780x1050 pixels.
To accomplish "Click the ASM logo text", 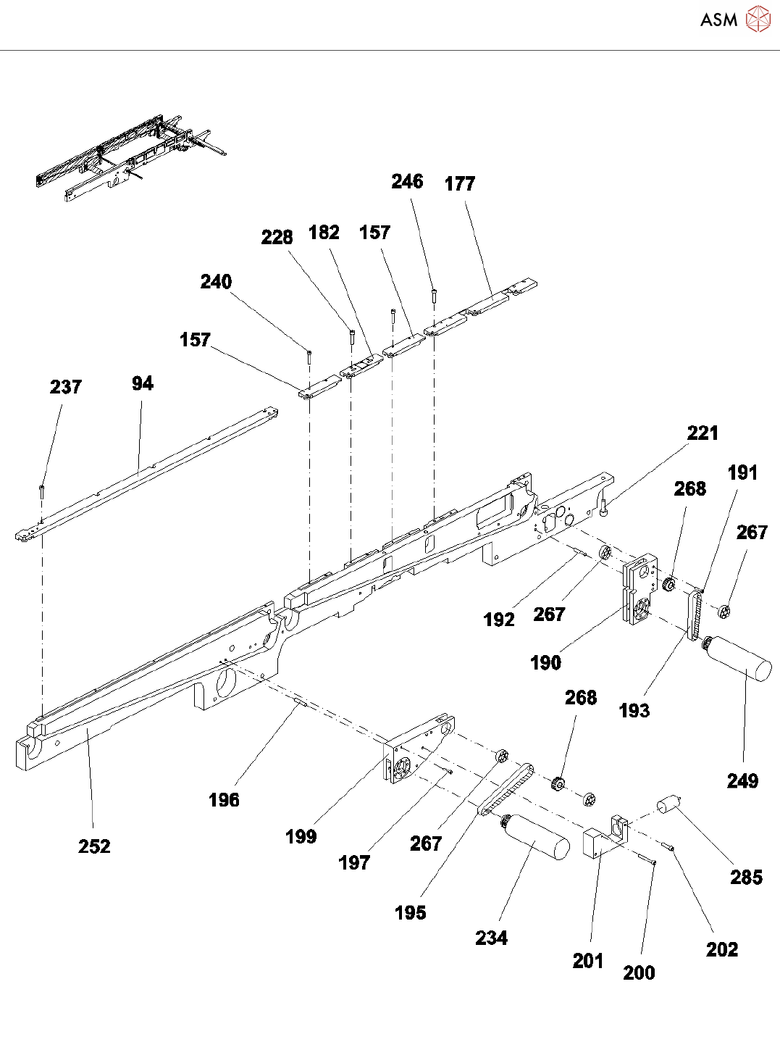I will tap(718, 20).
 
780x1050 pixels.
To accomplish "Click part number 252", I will tap(94, 846).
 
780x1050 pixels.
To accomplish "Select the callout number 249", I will tap(742, 780).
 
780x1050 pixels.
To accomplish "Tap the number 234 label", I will tap(491, 938).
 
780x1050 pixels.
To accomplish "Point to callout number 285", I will tap(746, 877).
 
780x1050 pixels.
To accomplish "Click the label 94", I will tap(143, 383).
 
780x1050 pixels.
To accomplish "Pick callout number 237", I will tap(65, 387).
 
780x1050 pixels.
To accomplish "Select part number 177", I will tap(460, 184).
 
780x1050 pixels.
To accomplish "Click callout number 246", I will tap(407, 181).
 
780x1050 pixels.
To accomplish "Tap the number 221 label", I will tap(703, 433).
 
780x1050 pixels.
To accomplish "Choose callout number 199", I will tap(301, 836).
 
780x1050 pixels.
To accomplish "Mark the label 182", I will tap(324, 232).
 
